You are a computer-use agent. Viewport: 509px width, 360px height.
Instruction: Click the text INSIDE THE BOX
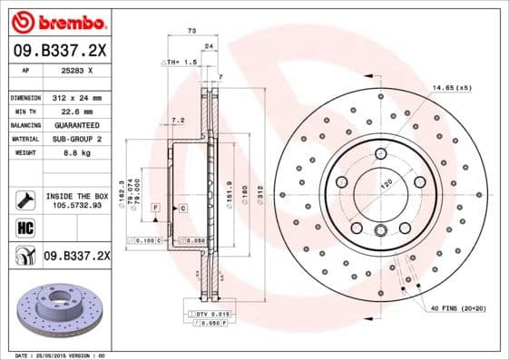[76, 196]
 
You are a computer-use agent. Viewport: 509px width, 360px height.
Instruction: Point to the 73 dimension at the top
[191, 31]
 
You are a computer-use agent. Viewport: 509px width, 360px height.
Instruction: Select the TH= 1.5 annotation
[181, 62]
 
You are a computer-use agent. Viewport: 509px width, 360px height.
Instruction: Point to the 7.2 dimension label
[178, 119]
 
